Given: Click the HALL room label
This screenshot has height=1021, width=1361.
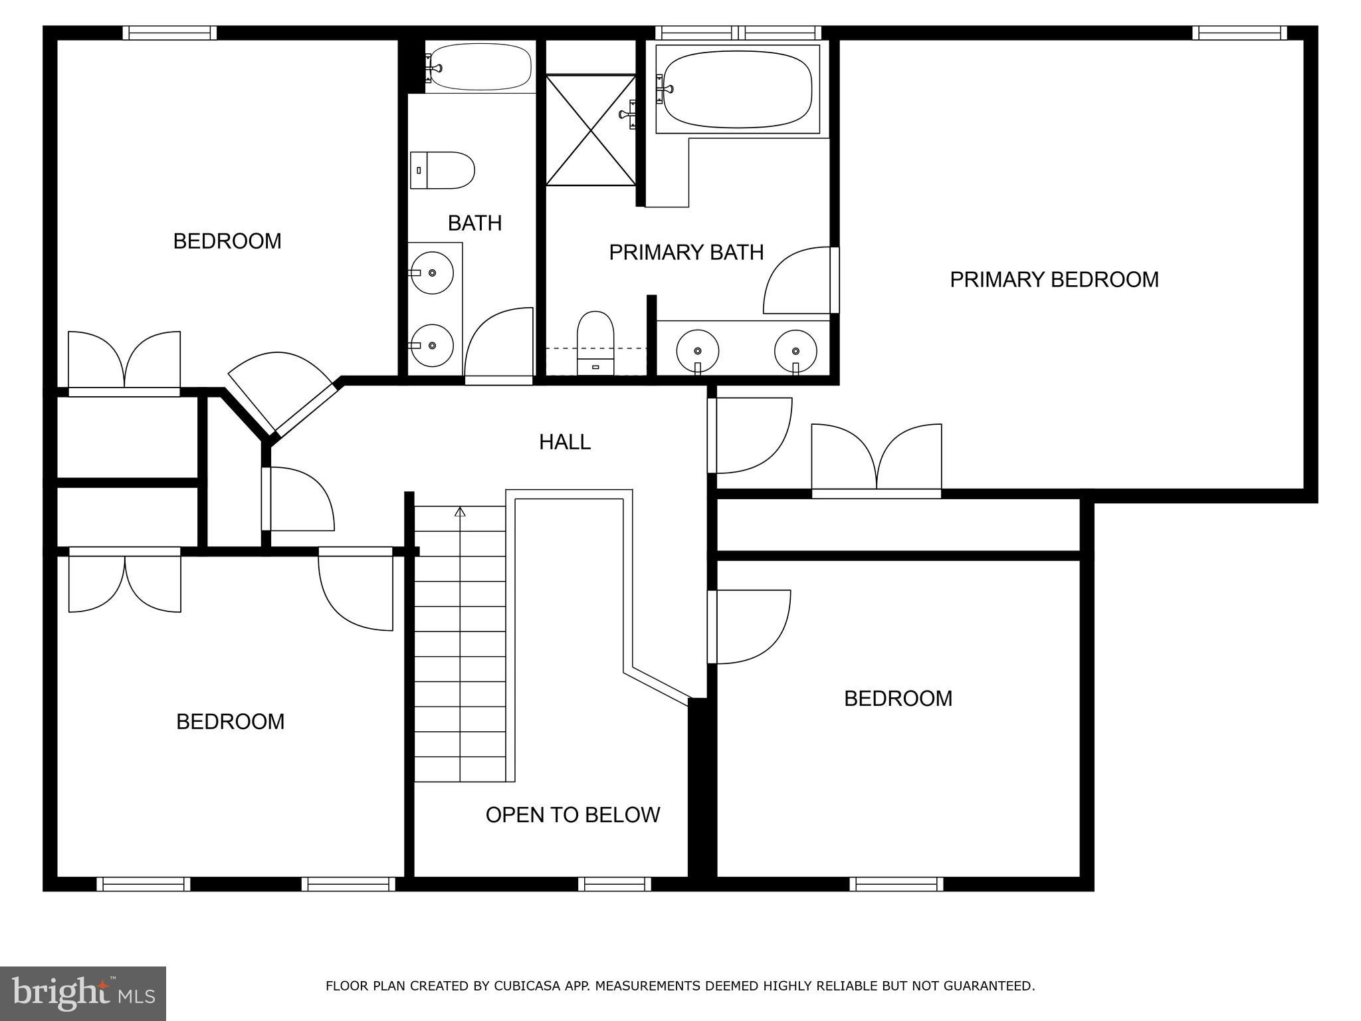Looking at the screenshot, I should coord(564,442).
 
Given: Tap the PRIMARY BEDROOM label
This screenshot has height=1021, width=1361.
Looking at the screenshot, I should coord(1053,279).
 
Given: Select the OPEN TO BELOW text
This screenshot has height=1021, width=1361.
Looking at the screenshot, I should coord(572,815).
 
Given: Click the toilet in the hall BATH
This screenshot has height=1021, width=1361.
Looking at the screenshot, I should coord(442,170).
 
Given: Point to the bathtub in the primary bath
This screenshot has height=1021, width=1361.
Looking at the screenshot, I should coord(738,90).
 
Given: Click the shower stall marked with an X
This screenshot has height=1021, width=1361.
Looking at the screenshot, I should coord(591,130).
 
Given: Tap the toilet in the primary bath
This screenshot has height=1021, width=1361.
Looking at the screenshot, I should coord(595,342).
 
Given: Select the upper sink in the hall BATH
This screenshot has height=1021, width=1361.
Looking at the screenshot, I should coord(432,273).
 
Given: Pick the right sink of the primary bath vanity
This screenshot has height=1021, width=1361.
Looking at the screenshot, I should coord(795,350).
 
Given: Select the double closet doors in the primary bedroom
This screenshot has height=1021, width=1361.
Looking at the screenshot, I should coord(877,459).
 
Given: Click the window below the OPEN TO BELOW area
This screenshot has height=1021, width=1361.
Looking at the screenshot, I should coord(614,884).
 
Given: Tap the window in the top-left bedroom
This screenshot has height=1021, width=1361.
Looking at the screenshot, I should coord(170,33).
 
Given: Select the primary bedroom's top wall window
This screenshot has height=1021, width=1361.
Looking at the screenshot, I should coord(1239,33).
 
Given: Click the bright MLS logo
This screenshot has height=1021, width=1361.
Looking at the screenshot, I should coord(82,994).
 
